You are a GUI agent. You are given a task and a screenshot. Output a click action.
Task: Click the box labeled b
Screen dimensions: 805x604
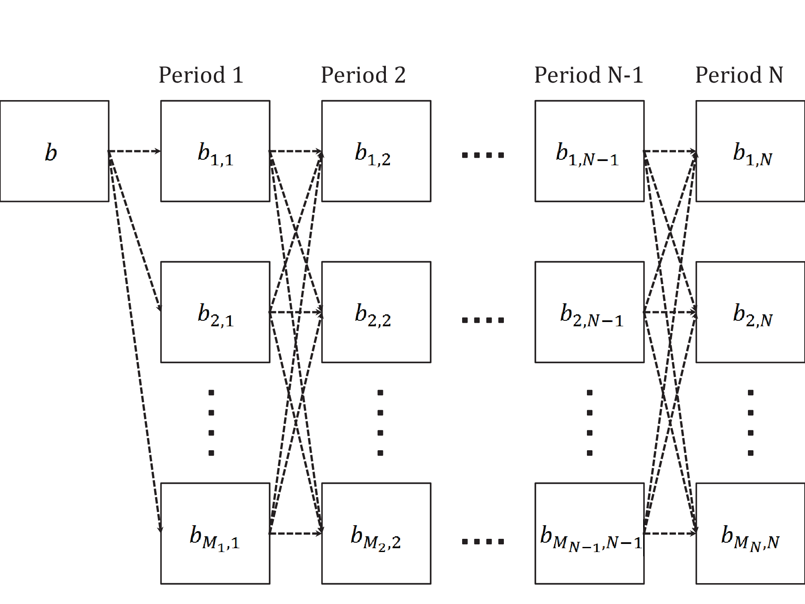click(x=55, y=151)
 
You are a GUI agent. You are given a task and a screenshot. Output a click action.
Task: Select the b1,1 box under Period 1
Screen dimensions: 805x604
click(x=215, y=151)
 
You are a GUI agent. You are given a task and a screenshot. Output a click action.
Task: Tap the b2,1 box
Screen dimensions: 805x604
click(x=215, y=312)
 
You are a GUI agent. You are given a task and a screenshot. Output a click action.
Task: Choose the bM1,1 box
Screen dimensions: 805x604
click(x=215, y=533)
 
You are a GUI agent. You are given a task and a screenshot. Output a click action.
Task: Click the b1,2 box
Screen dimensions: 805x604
click(x=376, y=151)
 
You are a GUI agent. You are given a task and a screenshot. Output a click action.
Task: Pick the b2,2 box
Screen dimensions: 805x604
click(x=376, y=312)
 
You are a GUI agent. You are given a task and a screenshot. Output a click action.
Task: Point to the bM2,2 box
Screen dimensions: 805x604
click(x=376, y=533)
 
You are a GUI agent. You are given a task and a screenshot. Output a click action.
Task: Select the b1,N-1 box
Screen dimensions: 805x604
click(x=589, y=151)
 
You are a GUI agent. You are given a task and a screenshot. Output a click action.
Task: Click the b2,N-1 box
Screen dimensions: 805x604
click(x=589, y=312)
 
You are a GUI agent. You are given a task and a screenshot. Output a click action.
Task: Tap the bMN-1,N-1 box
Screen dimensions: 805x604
click(x=589, y=533)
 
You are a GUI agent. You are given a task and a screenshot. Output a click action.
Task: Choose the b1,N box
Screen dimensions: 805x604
click(x=750, y=151)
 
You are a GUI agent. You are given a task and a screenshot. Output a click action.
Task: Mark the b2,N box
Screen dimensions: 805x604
click(x=750, y=312)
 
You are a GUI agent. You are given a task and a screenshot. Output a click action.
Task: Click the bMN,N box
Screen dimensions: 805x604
click(x=750, y=533)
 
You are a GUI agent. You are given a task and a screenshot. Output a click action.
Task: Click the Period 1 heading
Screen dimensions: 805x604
click(x=201, y=75)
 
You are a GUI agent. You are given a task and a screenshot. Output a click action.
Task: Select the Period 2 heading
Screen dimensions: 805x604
click(x=363, y=75)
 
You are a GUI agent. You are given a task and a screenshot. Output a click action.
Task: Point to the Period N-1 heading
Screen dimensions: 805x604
click(x=589, y=75)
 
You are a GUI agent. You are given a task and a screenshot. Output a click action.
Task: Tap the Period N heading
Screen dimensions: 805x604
click(x=739, y=75)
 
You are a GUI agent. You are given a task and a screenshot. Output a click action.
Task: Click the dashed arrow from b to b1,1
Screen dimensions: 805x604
click(x=135, y=151)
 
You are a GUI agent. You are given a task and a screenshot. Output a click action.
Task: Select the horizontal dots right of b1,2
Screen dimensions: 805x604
click(x=483, y=155)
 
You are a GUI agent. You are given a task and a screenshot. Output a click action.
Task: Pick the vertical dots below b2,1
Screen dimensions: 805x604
click(x=211, y=423)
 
